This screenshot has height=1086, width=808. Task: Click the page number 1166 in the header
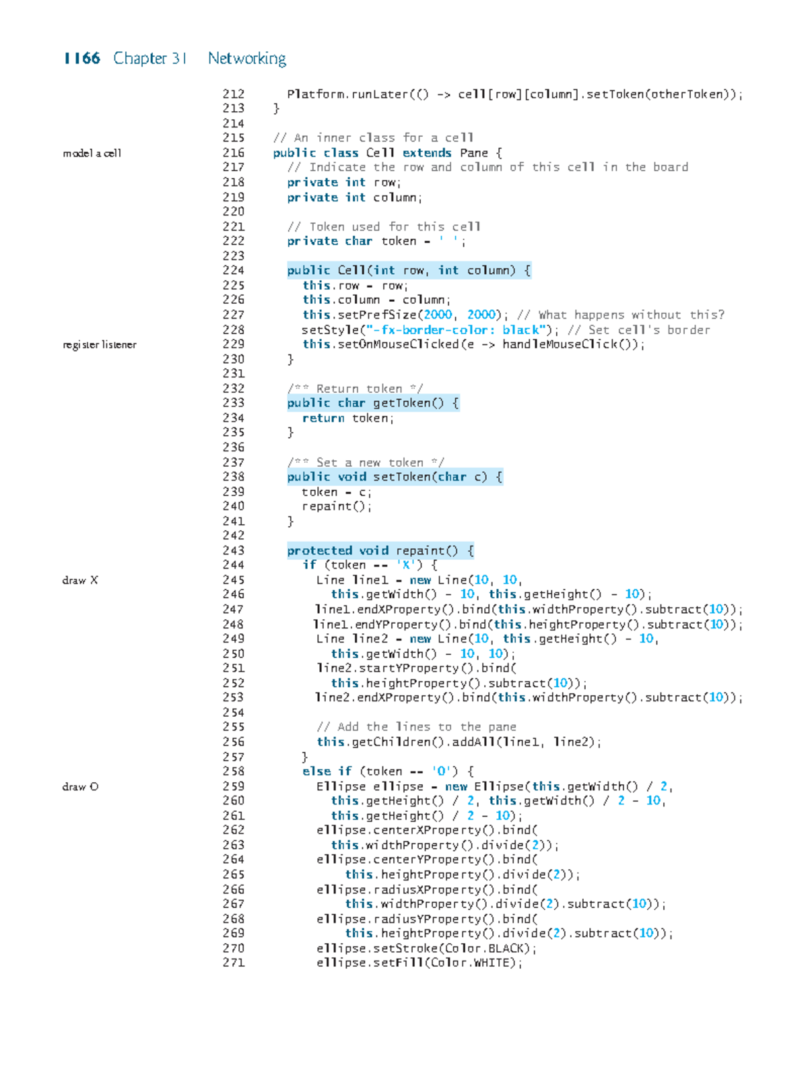(x=81, y=58)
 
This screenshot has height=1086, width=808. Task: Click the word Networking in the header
(x=247, y=59)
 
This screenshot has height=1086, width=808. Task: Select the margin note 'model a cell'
(x=92, y=153)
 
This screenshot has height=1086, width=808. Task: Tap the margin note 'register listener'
(x=100, y=345)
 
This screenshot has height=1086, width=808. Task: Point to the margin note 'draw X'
(x=80, y=580)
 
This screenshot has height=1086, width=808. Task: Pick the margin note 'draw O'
(x=80, y=787)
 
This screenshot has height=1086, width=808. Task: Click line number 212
(x=234, y=94)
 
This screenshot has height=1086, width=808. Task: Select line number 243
(x=234, y=550)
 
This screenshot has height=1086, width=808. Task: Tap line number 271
(x=234, y=963)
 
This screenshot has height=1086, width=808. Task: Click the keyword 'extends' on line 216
(x=427, y=153)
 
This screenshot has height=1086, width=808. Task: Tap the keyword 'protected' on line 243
(x=319, y=550)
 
